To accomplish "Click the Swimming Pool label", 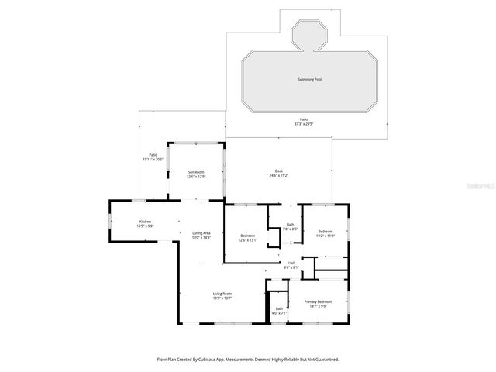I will pos(309,79).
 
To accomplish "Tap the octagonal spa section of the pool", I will pos(309,35).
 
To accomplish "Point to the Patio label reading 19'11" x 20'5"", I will pos(153,157).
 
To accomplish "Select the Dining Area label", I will pos(201,235).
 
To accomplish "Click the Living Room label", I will pos(222,294).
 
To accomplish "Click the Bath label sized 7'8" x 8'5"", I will pos(289,226).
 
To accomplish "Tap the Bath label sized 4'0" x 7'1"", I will pos(279,311).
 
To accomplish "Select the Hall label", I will pos(291,264).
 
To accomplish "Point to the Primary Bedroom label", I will pos(319,301).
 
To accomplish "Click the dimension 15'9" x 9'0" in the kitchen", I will pos(145,226).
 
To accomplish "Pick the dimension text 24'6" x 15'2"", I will pos(279,177).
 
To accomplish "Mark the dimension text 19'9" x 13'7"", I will pos(222,298).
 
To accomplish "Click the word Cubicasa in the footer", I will pos(214,359).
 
